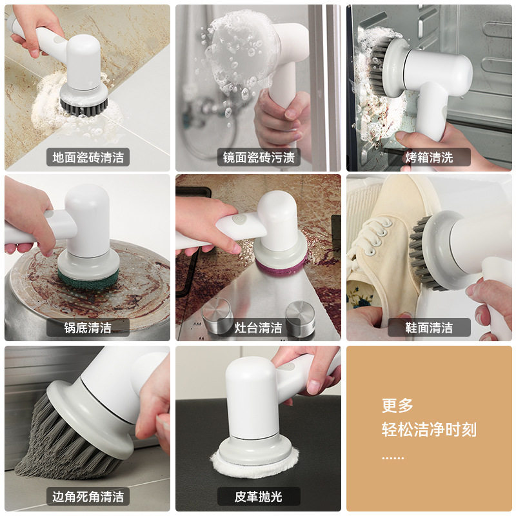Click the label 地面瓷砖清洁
(x=88, y=157)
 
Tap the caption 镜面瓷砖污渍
(x=259, y=157)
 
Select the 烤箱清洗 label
(x=429, y=157)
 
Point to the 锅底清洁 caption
(x=88, y=328)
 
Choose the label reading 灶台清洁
(x=259, y=328)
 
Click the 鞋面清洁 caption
(x=429, y=328)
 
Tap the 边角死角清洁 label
(x=88, y=497)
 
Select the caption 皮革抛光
(x=259, y=497)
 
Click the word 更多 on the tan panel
(x=397, y=406)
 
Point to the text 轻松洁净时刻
(x=429, y=429)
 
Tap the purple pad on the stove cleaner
(x=281, y=266)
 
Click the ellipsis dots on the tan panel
(x=393, y=457)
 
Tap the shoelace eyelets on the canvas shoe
(x=377, y=235)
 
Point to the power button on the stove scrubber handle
(x=237, y=219)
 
